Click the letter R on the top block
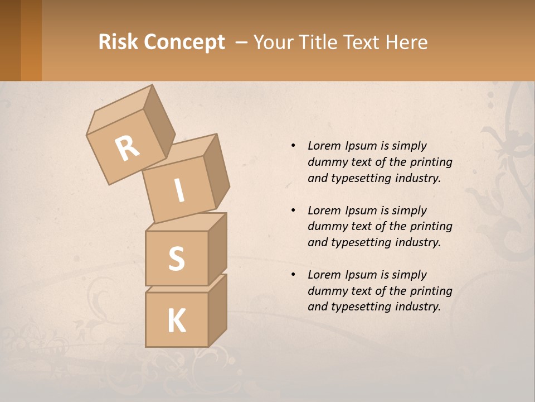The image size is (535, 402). pyautogui.click(x=128, y=149)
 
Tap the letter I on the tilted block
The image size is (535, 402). pyautogui.click(x=179, y=191)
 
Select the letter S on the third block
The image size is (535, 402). pyautogui.click(x=177, y=259)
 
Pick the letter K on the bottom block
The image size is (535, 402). pyautogui.click(x=177, y=321)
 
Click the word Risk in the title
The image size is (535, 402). pyautogui.click(x=118, y=42)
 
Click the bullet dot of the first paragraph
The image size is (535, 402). pyautogui.click(x=293, y=146)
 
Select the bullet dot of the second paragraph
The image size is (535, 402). pyautogui.click(x=293, y=210)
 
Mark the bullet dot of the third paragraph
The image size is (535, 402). pyautogui.click(x=293, y=275)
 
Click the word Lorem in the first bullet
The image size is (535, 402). pyautogui.click(x=324, y=146)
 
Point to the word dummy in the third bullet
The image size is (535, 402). pyautogui.click(x=325, y=291)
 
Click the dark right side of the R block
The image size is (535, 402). pyautogui.click(x=159, y=120)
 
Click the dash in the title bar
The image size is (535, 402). pyautogui.click(x=242, y=42)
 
